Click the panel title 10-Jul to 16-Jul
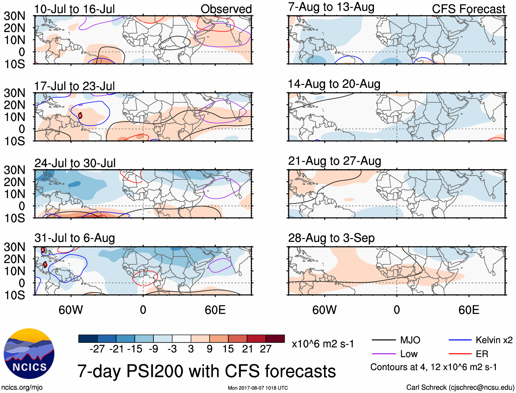pos(74,9)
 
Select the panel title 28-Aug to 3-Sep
pos(331,238)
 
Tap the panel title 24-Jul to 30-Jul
pos(75,163)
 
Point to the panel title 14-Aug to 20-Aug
pos(334,84)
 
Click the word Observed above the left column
pos(226,9)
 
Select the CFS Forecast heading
pos(468,9)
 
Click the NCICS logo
pos(29,354)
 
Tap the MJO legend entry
pos(410,340)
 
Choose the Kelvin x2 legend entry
pos(494,340)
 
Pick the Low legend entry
pos(409,354)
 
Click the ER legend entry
pos(482,354)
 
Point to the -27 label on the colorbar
pos(97,349)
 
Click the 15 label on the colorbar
pos(228,349)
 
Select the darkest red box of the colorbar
pos(275,339)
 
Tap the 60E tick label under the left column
pos(215,310)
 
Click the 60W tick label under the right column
pos(324,310)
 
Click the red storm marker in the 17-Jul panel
pos(80,116)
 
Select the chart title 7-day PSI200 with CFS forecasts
pos(206,371)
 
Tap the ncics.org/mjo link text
pos(22,388)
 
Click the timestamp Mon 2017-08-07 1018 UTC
pos(258,388)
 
